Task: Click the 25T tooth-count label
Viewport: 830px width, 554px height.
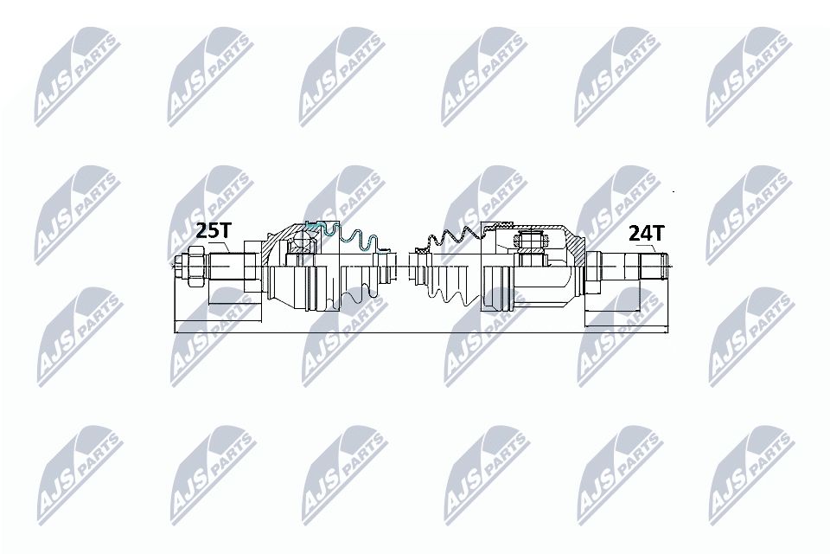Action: pos(214,230)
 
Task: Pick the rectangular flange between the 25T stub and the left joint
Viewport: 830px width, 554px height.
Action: pos(252,269)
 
